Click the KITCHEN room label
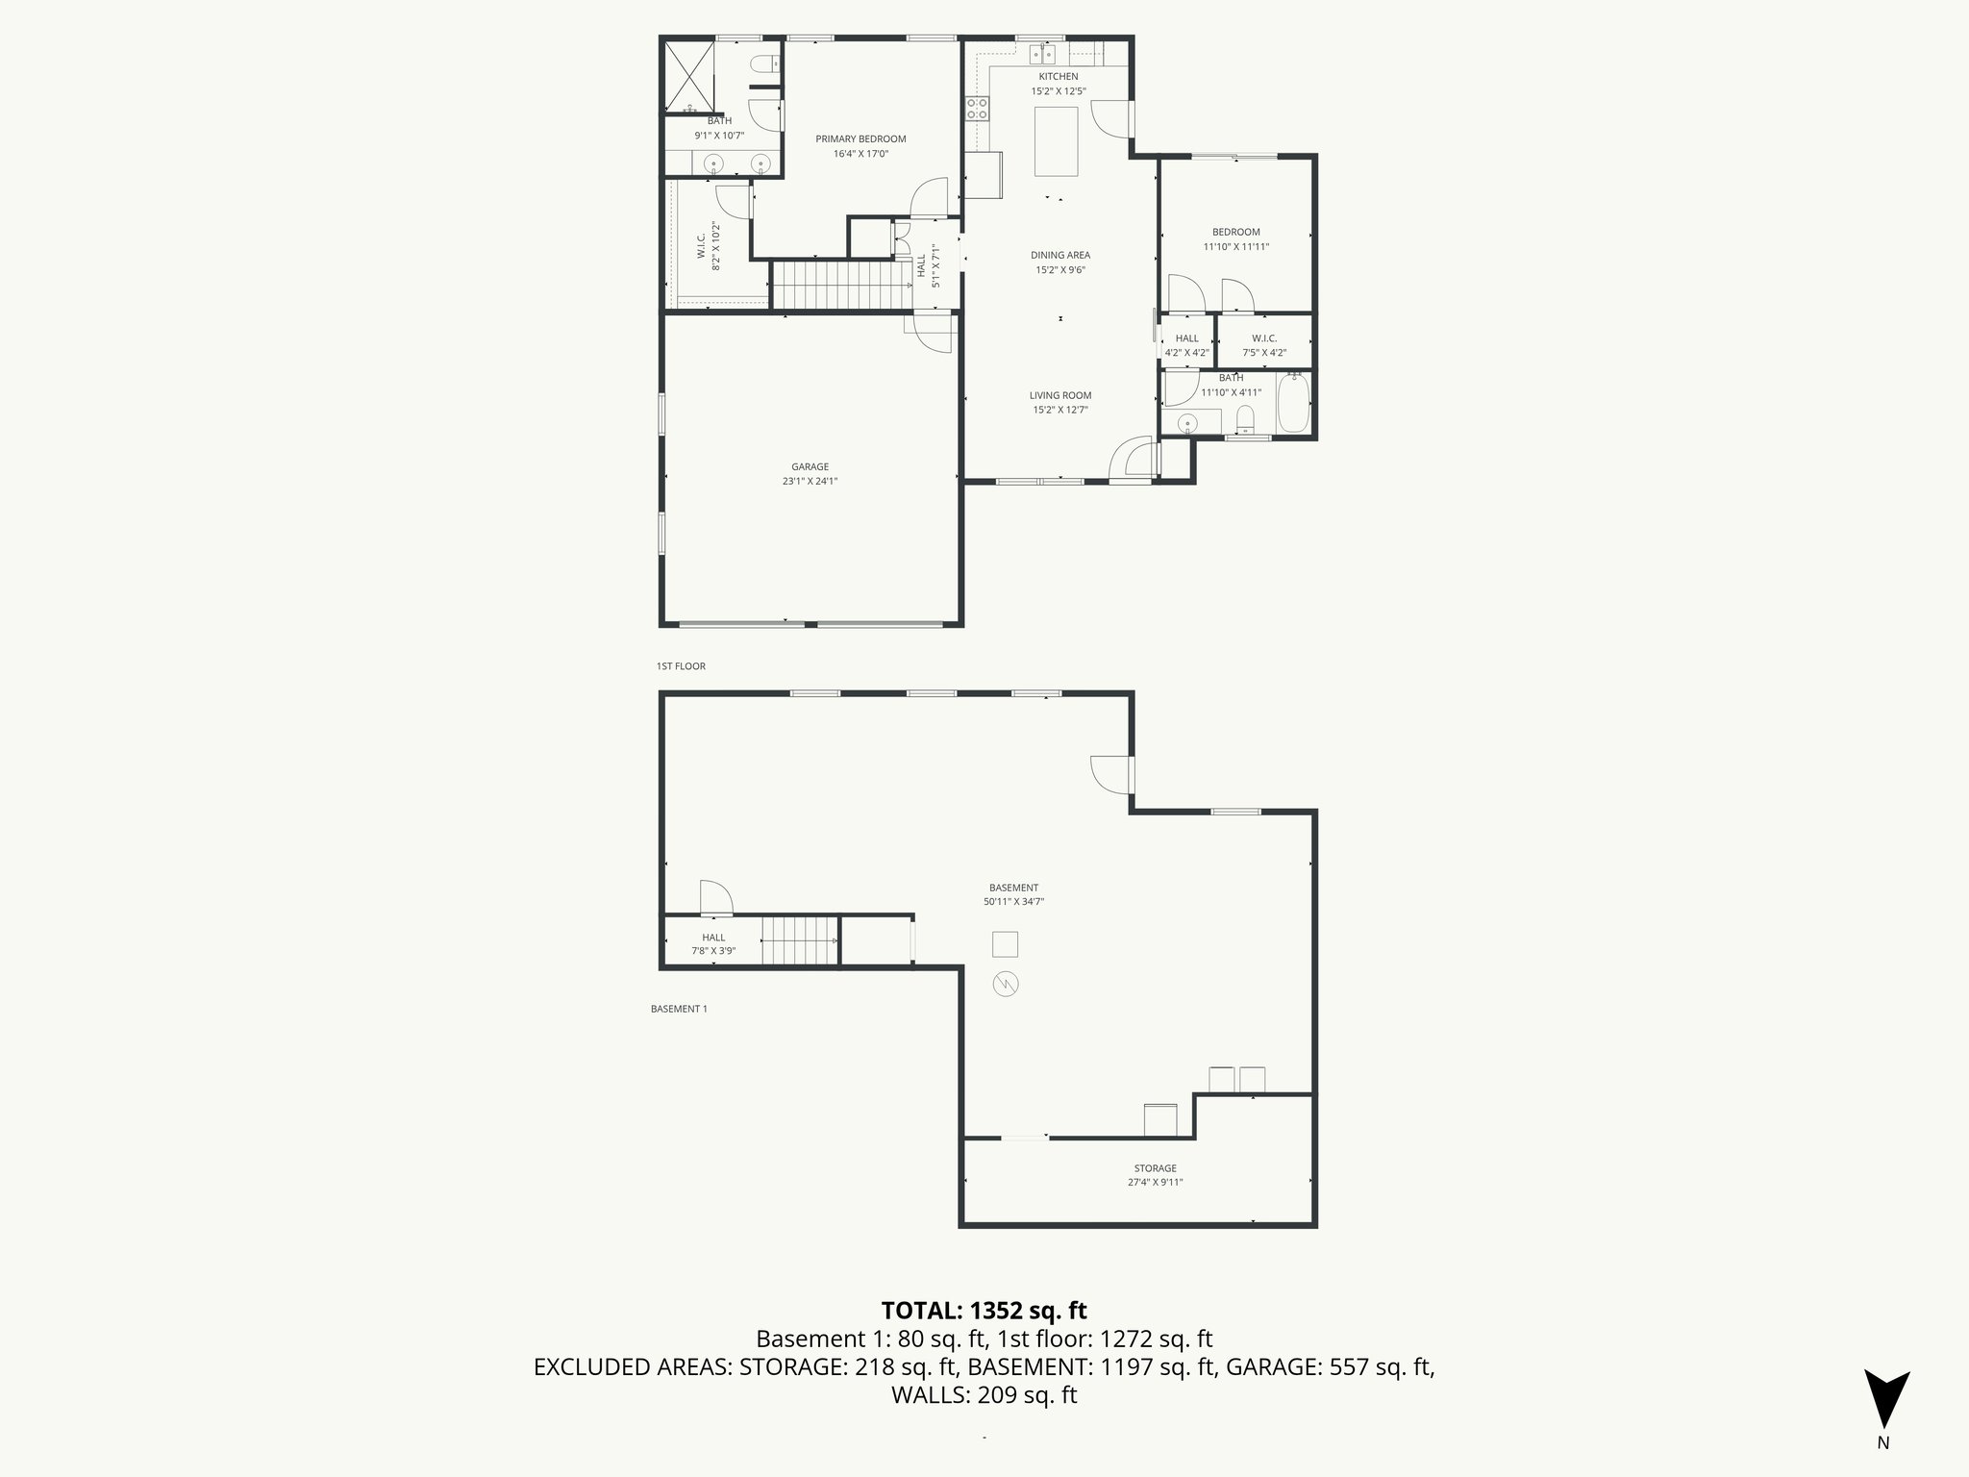[1058, 77]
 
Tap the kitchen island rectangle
[1056, 141]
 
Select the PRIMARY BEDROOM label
[860, 139]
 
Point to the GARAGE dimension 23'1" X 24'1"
[810, 482]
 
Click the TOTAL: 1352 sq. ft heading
[984, 1311]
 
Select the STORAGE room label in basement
[1155, 1168]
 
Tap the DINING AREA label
[1060, 256]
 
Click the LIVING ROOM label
[1060, 395]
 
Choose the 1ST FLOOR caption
[681, 665]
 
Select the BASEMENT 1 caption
[679, 1009]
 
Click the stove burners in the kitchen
[978, 109]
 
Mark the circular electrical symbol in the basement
[1006, 984]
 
